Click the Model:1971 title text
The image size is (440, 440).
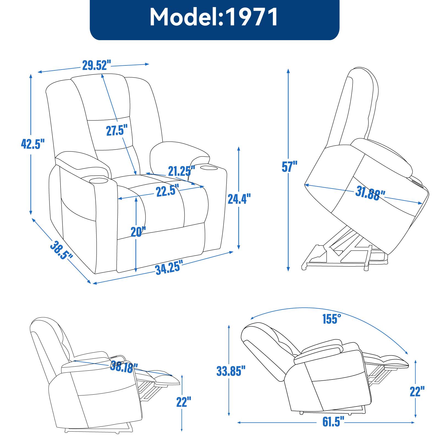click(214, 17)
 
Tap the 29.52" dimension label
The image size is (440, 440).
click(96, 65)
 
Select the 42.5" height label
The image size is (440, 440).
click(32, 144)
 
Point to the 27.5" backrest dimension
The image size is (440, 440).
click(117, 130)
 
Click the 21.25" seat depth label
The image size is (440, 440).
click(180, 171)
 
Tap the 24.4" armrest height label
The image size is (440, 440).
click(239, 199)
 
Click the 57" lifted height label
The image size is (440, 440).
click(290, 166)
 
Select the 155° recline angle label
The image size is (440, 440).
click(332, 319)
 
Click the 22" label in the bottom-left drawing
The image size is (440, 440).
click(183, 402)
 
